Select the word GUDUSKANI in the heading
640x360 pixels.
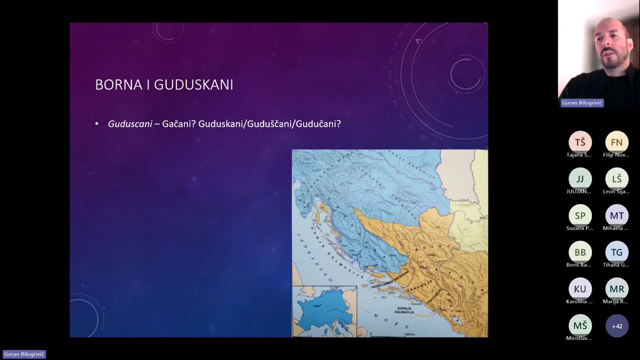(x=193, y=85)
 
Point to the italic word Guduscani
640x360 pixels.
(x=130, y=124)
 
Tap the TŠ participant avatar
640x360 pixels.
(x=580, y=142)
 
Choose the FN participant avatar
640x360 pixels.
(x=617, y=142)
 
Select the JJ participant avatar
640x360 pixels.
(x=580, y=179)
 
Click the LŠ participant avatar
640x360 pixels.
(x=617, y=179)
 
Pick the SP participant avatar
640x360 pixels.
(x=580, y=215)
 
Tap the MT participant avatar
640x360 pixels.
(x=617, y=215)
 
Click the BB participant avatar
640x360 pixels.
(x=580, y=252)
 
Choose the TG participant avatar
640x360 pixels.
(x=617, y=252)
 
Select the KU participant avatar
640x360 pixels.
(x=580, y=289)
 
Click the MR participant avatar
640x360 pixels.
(x=617, y=289)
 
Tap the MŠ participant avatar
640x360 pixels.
(x=580, y=326)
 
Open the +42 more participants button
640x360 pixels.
(x=617, y=326)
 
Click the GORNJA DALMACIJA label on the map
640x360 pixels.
(x=404, y=310)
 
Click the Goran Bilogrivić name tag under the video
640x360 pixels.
(x=582, y=103)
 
